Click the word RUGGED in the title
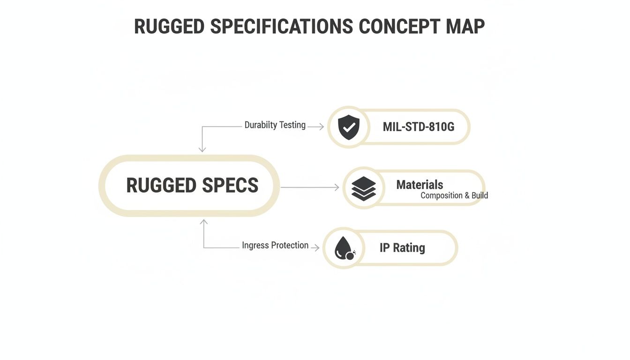click(x=169, y=27)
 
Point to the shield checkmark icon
click(x=348, y=127)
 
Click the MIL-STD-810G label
click(x=419, y=127)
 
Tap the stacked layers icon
click(x=364, y=188)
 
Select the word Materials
click(x=420, y=185)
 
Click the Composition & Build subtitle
click(x=454, y=195)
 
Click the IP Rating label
click(x=402, y=248)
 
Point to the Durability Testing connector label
click(x=275, y=125)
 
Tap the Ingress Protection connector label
click(x=275, y=245)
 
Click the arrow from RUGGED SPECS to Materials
click(x=309, y=187)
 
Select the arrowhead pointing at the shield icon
click(x=321, y=127)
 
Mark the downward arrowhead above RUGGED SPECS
click(x=202, y=149)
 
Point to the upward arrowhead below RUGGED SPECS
click(x=204, y=222)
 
